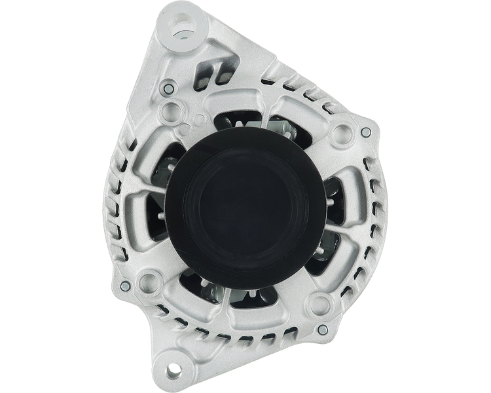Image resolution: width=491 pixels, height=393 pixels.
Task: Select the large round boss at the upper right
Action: (340, 133)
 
